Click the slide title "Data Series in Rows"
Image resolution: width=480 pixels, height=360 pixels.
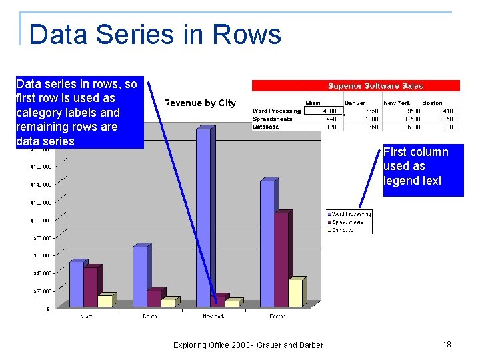pos(155,34)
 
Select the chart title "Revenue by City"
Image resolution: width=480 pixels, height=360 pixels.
pos(199,103)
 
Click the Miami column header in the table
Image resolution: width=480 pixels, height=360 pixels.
pos(313,103)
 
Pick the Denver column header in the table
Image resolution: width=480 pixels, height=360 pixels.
pos(355,103)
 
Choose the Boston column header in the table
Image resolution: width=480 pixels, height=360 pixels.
pos(432,103)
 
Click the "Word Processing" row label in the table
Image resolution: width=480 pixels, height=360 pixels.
pos(277,111)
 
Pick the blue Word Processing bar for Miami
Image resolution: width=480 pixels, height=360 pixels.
pos(76,283)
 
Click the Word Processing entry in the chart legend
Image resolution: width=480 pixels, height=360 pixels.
pos(349,214)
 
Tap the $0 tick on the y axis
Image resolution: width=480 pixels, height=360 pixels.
pos(49,309)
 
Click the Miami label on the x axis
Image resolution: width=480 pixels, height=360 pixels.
pos(87,316)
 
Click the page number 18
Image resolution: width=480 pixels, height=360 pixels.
pos(447,344)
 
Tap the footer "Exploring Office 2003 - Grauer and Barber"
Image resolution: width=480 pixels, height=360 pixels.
pos(248,345)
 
